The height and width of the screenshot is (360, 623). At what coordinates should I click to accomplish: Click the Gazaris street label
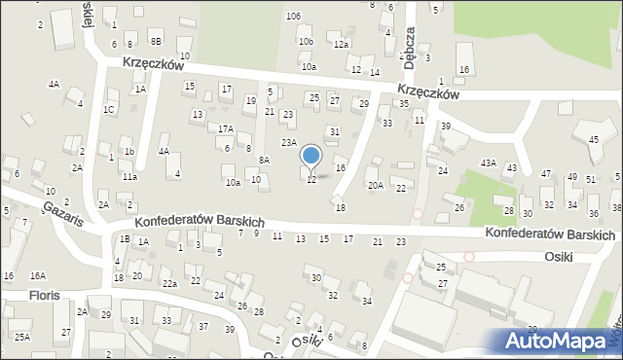[61, 216]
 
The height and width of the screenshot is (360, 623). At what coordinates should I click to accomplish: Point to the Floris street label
[45, 295]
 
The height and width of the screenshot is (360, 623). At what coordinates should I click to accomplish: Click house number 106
[293, 17]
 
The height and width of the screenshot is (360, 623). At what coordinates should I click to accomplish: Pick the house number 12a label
[341, 45]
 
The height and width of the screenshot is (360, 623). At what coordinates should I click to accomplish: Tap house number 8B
[156, 41]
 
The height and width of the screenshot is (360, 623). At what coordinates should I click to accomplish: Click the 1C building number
[109, 109]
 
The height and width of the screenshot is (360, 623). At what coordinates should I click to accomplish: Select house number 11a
[129, 177]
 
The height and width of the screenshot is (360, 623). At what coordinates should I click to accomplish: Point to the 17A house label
[225, 128]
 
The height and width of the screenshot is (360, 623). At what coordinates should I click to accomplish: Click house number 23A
[289, 143]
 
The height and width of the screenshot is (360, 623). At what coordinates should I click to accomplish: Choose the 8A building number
[264, 160]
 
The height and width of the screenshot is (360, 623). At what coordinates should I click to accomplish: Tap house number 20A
[374, 185]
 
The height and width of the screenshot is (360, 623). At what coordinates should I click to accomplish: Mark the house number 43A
[488, 163]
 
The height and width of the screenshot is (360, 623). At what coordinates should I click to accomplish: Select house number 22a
[169, 283]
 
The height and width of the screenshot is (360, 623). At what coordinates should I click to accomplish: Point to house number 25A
[21, 337]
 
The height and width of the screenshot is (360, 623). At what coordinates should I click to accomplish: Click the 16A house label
[38, 276]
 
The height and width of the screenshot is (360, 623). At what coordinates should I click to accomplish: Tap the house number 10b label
[307, 42]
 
